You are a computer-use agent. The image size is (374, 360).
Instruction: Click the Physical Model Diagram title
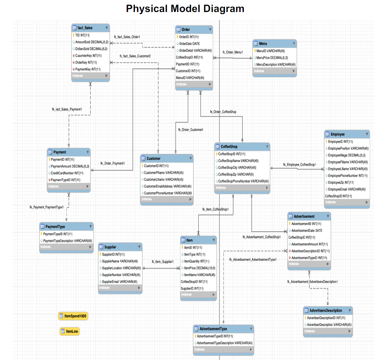(185, 9)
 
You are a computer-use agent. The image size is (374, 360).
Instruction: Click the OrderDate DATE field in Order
(189, 44)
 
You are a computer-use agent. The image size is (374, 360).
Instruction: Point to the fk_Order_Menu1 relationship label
(232, 52)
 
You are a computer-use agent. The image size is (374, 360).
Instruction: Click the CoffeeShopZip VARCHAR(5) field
(236, 174)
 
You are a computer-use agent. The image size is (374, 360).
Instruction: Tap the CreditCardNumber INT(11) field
(67, 173)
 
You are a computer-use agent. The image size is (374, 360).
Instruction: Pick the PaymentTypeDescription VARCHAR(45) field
(68, 241)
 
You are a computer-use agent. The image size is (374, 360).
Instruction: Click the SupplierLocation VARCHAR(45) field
(121, 268)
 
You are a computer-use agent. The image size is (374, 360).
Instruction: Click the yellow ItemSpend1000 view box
(73, 316)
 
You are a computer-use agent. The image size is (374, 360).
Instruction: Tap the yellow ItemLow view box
(69, 331)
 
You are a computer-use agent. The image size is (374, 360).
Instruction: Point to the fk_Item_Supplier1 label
(162, 262)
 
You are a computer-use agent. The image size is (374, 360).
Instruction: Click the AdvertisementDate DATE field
(306, 231)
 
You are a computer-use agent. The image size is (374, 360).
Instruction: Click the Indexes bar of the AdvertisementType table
(223, 350)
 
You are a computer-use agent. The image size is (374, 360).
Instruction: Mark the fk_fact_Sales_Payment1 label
(67, 109)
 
